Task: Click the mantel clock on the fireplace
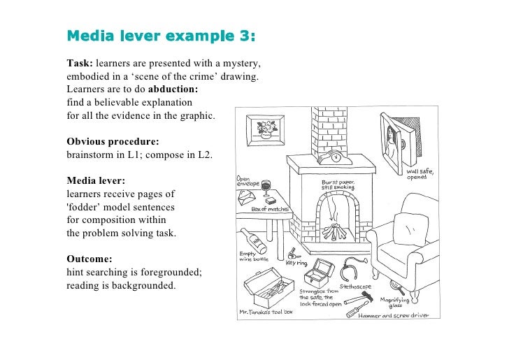pyautogui.click(x=335, y=157)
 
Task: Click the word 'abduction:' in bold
pyautogui.click(x=173, y=89)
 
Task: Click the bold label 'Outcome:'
pyautogui.click(x=91, y=259)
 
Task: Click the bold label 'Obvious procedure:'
pyautogui.click(x=113, y=141)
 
